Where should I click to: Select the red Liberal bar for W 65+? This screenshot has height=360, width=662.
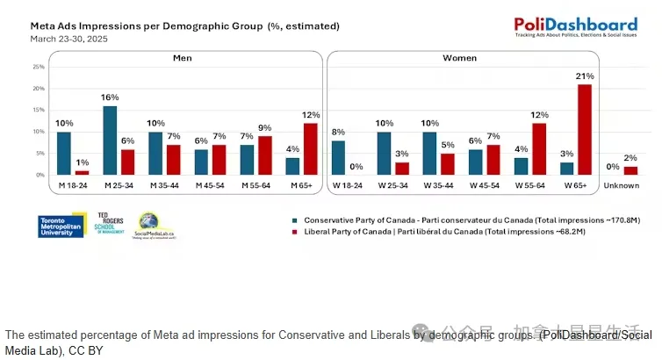click(583, 130)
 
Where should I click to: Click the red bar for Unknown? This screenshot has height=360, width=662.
click(630, 170)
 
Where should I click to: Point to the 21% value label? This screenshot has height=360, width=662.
click(583, 76)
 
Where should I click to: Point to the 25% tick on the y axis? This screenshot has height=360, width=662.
click(39, 67)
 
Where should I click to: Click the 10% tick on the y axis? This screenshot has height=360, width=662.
click(39, 132)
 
